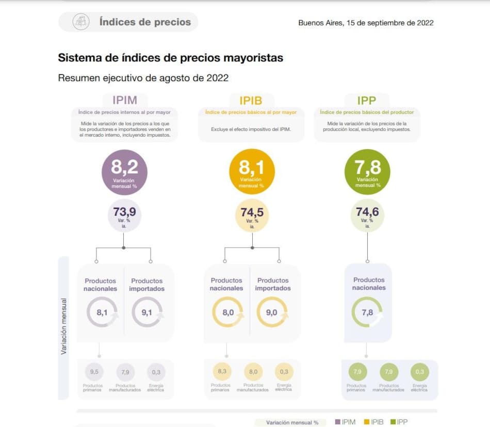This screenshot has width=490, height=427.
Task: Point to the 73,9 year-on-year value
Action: [x=124, y=215]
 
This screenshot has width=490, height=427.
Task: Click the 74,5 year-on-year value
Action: [x=252, y=215]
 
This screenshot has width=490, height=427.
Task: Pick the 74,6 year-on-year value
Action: [x=367, y=215]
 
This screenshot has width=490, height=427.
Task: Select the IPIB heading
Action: [x=251, y=101]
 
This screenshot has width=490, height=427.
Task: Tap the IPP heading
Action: [x=367, y=100]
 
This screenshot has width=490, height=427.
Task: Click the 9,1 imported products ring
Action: [x=147, y=312]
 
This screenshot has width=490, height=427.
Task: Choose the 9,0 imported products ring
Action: [x=272, y=312]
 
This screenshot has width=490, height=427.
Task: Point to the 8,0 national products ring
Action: [x=227, y=312]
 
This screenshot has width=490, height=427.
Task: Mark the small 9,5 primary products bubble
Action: [x=94, y=372]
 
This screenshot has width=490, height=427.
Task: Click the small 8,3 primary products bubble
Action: [x=222, y=371]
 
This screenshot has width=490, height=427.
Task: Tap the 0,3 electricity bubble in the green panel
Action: [x=420, y=372]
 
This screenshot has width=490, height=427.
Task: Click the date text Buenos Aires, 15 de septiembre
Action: [x=366, y=23]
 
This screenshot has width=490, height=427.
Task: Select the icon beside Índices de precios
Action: [x=80, y=22]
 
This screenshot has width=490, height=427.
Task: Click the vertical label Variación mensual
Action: [x=64, y=326]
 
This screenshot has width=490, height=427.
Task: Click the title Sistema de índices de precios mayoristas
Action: [x=171, y=58]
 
